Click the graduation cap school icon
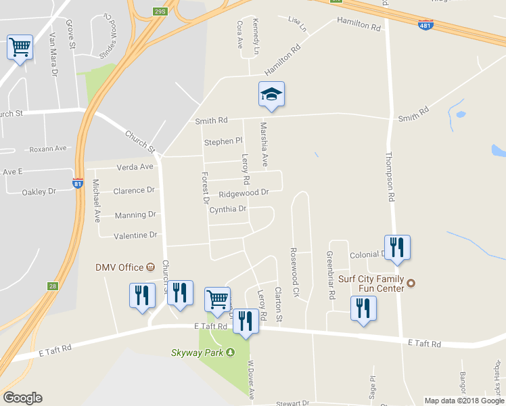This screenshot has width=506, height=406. tap(271, 94)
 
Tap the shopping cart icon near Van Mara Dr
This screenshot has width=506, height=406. tap(20, 48)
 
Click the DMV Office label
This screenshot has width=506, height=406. tap(120, 267)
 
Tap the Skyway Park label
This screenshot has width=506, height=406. tap(198, 352)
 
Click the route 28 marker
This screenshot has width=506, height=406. tap(51, 286)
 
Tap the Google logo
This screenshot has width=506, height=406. tap(22, 398)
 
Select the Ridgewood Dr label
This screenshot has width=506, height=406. tap(244, 193)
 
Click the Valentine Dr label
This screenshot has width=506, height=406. tap(135, 235)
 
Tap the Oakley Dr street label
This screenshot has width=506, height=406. tap(39, 192)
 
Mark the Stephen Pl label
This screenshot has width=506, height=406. tap(223, 142)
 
